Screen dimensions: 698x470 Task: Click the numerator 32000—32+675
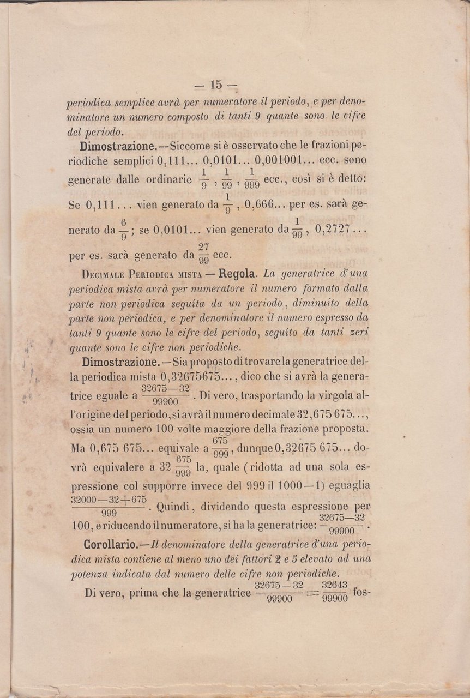point(109,500)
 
